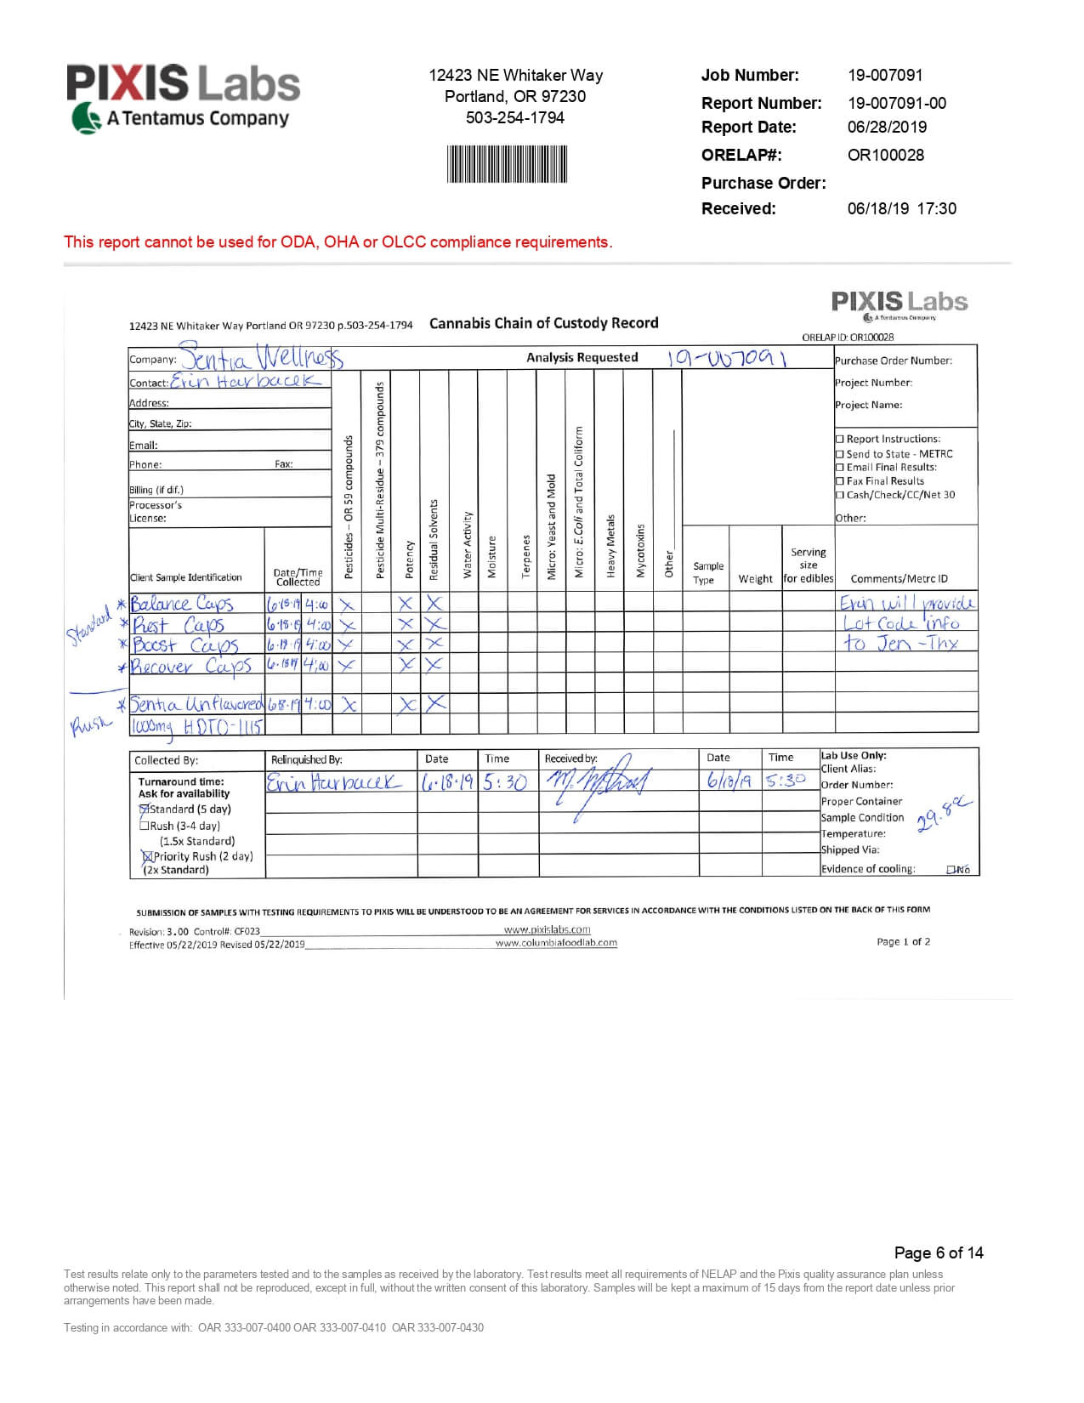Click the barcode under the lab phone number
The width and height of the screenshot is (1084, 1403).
click(x=507, y=164)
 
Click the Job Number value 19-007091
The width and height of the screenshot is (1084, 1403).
click(x=885, y=75)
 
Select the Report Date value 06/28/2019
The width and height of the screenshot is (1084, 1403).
click(x=887, y=127)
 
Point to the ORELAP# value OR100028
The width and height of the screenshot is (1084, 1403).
click(x=885, y=155)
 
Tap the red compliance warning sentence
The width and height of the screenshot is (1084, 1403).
click(x=338, y=242)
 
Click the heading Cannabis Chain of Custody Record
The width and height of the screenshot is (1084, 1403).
click(x=544, y=323)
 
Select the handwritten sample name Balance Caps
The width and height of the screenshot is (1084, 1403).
click(x=182, y=604)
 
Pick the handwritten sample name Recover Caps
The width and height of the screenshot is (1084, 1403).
click(x=191, y=667)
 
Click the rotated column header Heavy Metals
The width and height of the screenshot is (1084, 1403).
click(x=610, y=546)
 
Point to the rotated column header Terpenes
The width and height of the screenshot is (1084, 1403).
click(x=525, y=556)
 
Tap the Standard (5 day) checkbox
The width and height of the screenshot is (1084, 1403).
click(x=145, y=809)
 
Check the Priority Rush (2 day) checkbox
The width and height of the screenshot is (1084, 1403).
click(x=147, y=856)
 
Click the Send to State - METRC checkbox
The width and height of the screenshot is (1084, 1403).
click(x=840, y=454)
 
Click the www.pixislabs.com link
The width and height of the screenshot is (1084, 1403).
click(x=547, y=929)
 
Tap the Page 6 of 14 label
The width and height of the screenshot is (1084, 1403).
click(x=939, y=1252)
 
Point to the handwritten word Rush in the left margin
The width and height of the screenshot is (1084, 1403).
click(x=90, y=725)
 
